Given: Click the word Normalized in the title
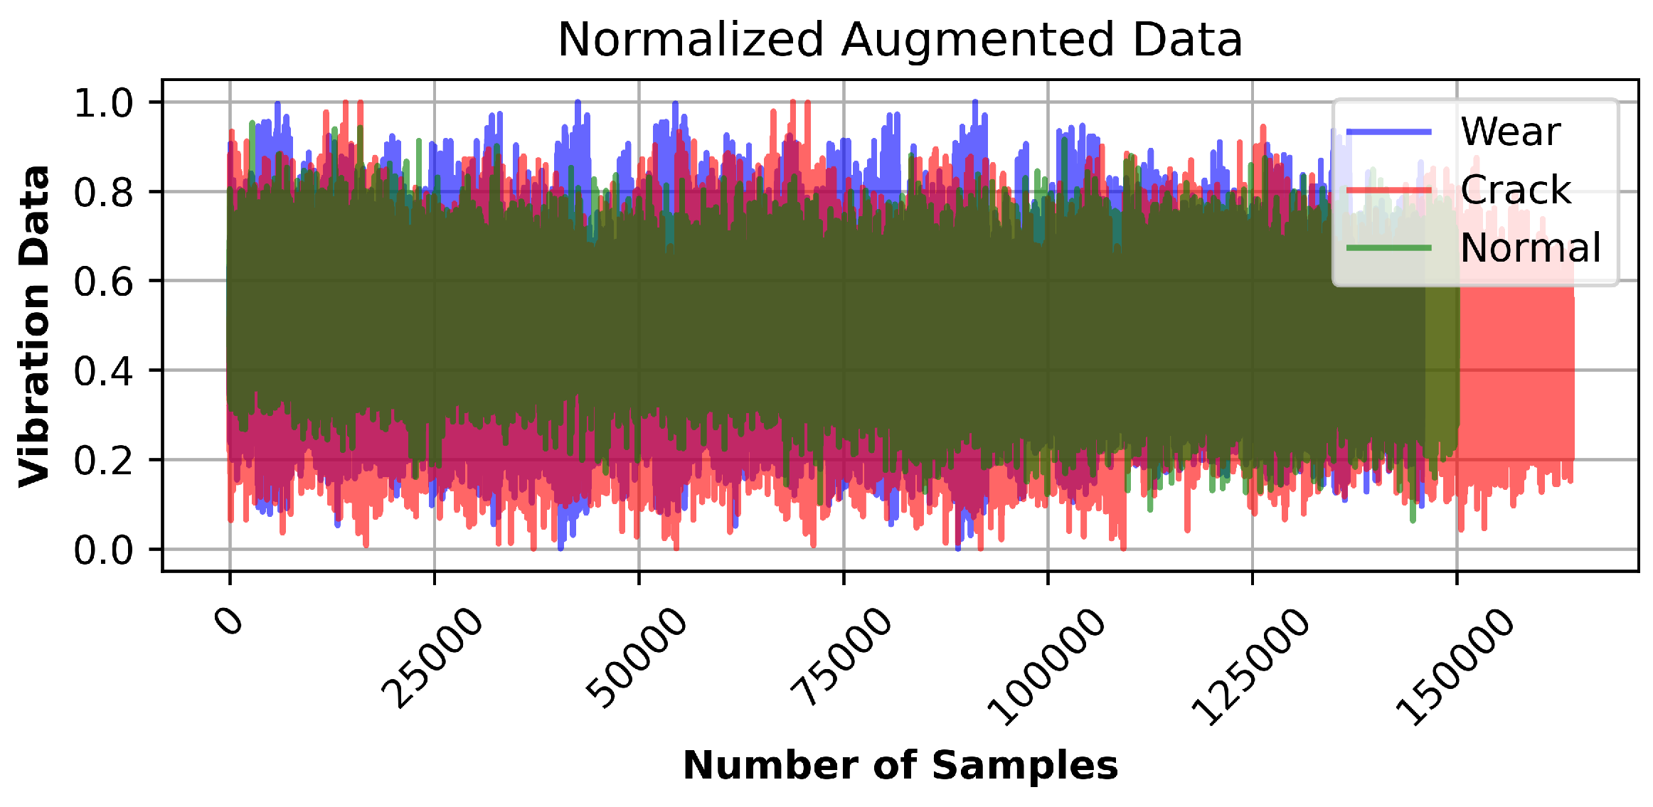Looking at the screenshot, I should tap(690, 40).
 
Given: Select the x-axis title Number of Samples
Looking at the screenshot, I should tap(900, 766).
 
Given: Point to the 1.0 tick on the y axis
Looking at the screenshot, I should tap(103, 103).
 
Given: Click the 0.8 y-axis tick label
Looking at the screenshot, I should tap(103, 193).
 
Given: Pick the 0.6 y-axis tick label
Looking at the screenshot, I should tap(103, 282).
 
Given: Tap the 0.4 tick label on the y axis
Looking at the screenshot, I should tap(103, 371).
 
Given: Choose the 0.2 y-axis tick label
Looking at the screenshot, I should tap(103, 461).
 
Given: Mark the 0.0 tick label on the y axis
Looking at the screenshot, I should tap(103, 550).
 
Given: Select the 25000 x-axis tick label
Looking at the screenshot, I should tap(431, 658).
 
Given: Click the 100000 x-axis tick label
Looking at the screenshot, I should tap(1045, 667).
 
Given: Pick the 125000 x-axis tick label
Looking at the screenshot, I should tap(1249, 667).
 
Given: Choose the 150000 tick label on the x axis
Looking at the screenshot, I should tap(1454, 667).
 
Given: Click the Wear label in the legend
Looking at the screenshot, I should tap(1510, 132).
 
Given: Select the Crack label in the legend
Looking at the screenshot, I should tap(1516, 190).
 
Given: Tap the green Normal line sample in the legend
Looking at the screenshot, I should tap(1388, 247).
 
